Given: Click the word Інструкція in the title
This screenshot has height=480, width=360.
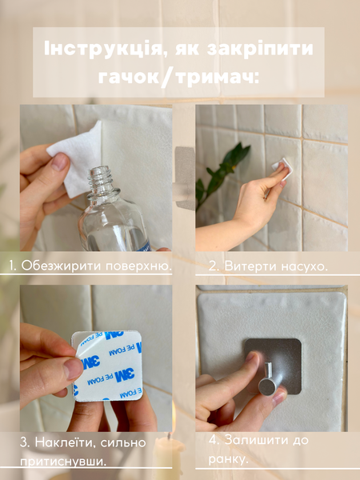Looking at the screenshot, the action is click(x=102, y=49).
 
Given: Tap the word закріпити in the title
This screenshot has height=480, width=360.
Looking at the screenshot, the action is click(x=261, y=49).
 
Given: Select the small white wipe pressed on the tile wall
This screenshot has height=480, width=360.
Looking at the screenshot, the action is click(x=283, y=167).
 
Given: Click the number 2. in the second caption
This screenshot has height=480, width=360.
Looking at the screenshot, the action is click(x=214, y=266).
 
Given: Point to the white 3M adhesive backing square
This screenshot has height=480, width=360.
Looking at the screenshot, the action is click(x=107, y=366).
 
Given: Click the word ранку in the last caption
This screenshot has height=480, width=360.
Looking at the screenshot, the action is click(x=227, y=459).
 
